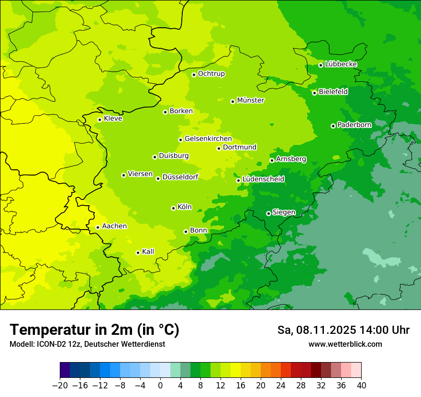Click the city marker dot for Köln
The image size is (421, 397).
click(173, 208)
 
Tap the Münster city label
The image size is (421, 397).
click(251, 100)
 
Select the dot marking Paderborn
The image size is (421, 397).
click(333, 126)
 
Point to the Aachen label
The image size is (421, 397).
click(114, 226)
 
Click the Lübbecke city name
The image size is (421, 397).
click(341, 64)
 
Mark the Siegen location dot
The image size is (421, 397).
click(268, 213)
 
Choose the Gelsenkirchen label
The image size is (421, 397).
click(208, 139)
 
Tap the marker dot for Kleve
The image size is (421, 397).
click(100, 120)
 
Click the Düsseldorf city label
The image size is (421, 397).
click(180, 177)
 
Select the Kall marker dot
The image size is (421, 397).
click(138, 253)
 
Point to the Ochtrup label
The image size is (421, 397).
click(211, 74)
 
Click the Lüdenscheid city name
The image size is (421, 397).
click(263, 179)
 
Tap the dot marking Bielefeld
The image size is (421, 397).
click(314, 93)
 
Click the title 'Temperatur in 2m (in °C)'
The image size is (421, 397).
click(94, 330)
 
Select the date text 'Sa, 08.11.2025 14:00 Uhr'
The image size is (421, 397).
click(343, 330)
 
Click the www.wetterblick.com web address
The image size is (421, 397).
click(345, 344)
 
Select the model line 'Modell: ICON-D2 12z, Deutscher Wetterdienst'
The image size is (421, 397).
click(87, 344)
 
